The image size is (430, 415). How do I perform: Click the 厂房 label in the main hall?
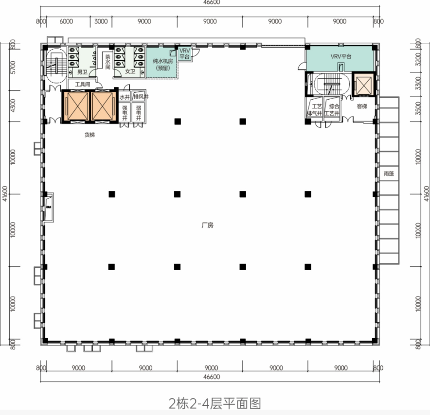(208, 225)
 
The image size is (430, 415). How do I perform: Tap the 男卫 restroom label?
(82, 72)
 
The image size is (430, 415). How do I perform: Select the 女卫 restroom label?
(130, 72)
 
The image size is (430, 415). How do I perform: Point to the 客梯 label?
(362, 106)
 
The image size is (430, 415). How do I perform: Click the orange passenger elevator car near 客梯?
(362, 85)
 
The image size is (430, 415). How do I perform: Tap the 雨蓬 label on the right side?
(388, 173)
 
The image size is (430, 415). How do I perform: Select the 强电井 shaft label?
(125, 113)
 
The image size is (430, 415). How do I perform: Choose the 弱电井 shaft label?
(138, 113)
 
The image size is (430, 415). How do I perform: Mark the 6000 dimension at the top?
(66, 21)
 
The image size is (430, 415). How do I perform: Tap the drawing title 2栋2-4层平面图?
(215, 403)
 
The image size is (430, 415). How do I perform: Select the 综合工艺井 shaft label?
(334, 110)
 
